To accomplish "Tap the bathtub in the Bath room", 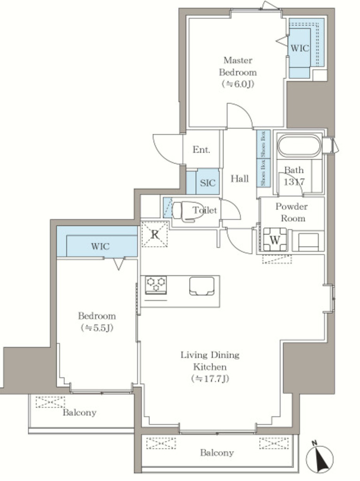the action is (x=299, y=146).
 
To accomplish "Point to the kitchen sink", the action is (x=201, y=286).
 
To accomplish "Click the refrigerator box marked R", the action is (x=154, y=234).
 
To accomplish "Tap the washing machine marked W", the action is (x=275, y=240).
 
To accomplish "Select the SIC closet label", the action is (x=207, y=183).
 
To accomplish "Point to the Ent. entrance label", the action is (x=201, y=150).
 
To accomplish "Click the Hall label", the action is (x=239, y=178).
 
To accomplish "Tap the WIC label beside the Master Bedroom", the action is (x=299, y=48).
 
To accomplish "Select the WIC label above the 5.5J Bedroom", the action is (x=100, y=246).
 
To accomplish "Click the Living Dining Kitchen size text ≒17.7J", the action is (x=210, y=379).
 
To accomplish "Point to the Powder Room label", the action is (x=291, y=212).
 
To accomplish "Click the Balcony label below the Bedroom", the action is (x=79, y=412).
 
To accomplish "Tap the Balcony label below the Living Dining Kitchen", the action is (x=217, y=452).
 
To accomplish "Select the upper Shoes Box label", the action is (x=263, y=144).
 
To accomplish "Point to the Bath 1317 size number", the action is (x=294, y=182).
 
